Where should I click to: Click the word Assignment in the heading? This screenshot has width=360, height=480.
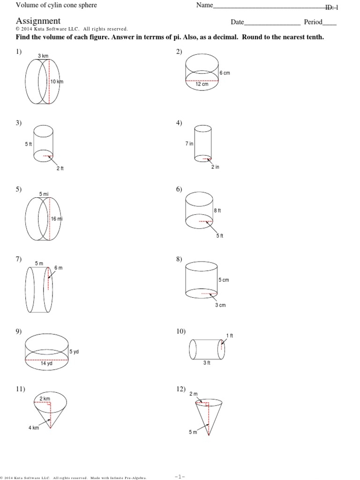38,21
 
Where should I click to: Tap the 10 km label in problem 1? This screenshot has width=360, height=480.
57,82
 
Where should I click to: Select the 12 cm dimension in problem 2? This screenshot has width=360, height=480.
202,84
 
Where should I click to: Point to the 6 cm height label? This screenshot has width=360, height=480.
225,73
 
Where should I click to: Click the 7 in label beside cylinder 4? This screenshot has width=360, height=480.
189,144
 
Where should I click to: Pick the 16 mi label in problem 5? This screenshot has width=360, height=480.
57,219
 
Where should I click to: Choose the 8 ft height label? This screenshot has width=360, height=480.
217,211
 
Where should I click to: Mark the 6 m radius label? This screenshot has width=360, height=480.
59,268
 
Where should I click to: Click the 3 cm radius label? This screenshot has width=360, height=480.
220,305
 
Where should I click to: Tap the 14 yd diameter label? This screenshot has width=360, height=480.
45,363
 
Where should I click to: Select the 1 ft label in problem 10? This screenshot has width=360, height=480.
229,335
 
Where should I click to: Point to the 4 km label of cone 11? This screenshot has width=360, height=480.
33,428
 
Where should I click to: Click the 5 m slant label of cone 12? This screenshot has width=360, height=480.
193,432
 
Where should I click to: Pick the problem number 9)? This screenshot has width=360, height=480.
19,331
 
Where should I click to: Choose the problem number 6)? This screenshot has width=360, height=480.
179,189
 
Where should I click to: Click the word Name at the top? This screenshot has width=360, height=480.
204,6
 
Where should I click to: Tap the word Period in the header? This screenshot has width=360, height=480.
314,22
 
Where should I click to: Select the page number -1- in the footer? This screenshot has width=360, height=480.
180,477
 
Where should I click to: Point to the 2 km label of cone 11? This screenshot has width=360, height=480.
45,398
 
